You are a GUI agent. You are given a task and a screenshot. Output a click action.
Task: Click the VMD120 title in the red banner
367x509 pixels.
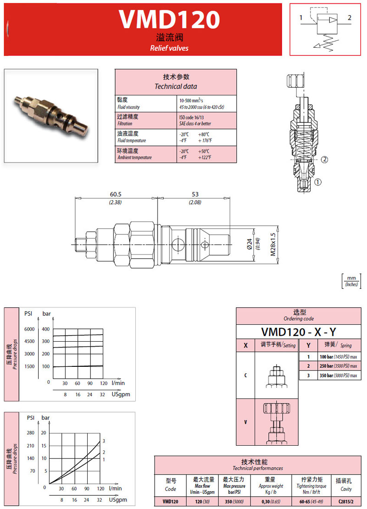click(x=169, y=19)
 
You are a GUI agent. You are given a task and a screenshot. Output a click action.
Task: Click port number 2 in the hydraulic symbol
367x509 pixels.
click(x=350, y=17)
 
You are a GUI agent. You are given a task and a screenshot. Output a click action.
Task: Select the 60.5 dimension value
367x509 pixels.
click(x=116, y=194)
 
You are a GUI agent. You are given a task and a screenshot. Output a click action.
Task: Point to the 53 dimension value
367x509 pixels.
click(x=195, y=194)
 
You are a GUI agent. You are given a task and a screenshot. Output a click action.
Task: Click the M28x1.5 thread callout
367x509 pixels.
click(x=273, y=244)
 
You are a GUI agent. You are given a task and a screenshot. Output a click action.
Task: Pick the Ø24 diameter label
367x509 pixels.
click(x=250, y=244)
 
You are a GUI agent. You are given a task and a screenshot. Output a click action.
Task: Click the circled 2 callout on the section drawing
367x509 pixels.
click(x=324, y=160)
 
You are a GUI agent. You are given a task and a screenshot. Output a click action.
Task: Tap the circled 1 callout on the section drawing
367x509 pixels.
click(x=317, y=182)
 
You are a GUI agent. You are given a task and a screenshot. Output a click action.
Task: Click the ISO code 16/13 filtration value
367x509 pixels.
click(x=192, y=117)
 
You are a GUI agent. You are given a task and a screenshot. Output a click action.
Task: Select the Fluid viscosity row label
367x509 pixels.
click(x=128, y=107)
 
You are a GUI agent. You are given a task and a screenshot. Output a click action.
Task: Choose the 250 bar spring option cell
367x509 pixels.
click(x=338, y=366)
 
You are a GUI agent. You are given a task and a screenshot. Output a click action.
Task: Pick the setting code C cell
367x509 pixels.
click(x=245, y=375)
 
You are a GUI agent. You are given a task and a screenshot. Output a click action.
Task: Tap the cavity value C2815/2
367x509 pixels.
click(x=346, y=502)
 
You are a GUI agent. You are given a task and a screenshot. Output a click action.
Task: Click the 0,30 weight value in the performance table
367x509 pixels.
click(x=271, y=502)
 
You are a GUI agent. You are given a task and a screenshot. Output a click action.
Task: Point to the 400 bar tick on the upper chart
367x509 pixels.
click(x=46, y=329)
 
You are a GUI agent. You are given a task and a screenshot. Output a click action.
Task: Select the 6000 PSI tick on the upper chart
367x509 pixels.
click(x=29, y=329)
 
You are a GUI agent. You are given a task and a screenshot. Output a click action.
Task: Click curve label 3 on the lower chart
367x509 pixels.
click(x=104, y=441)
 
